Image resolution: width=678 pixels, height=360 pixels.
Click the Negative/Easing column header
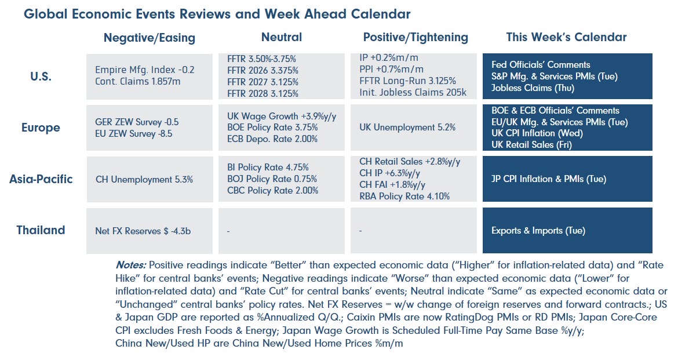[149, 38]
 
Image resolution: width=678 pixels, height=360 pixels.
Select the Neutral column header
[281, 37]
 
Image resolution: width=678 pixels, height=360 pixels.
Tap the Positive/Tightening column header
[415, 37]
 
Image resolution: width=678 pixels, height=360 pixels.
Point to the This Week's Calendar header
[566, 37]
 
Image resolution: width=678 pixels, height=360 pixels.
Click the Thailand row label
[41, 230]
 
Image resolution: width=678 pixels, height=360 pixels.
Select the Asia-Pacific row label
[41, 179]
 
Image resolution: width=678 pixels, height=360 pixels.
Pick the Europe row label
[41, 127]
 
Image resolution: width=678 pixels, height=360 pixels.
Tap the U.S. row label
[41, 76]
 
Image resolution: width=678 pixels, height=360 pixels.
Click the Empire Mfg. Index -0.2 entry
[145, 70]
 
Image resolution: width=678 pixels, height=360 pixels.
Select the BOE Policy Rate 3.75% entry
[265, 127]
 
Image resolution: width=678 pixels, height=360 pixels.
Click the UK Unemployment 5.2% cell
[407, 127]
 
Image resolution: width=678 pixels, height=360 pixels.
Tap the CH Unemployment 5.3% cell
[144, 179]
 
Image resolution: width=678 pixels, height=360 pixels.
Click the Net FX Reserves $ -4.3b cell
[143, 231]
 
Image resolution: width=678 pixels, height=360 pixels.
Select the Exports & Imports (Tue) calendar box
[538, 231]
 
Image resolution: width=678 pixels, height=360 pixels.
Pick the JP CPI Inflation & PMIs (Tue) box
[548, 179]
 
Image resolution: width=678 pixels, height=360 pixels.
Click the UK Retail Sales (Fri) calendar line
[531, 145]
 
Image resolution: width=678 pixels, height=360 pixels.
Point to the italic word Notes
[130, 264]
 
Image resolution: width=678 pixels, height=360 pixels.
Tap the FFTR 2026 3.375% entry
[263, 71]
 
